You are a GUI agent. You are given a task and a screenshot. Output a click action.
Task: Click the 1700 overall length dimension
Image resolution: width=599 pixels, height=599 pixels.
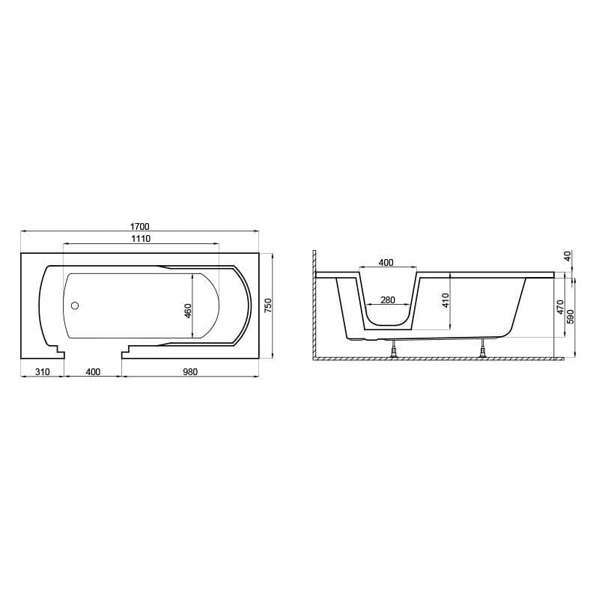coord(139,227)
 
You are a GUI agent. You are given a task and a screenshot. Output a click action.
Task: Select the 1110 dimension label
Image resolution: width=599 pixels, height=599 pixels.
coord(141,239)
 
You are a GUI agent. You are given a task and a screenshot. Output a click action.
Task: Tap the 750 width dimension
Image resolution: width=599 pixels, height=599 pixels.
coord(268,306)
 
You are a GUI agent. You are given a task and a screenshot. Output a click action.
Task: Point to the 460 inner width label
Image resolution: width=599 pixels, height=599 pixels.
coord(188,311)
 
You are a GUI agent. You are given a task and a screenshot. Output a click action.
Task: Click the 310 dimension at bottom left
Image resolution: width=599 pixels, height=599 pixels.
coord(43,371)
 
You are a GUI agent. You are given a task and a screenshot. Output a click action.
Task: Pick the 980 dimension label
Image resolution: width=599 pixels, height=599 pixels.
coord(190,371)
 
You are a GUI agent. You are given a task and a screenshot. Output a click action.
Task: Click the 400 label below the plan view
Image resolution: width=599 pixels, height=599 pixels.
coord(93,371)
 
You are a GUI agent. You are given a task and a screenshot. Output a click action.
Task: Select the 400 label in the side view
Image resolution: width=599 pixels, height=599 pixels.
coord(386,263)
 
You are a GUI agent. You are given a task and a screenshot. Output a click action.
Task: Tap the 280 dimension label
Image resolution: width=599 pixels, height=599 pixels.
coord(387,300)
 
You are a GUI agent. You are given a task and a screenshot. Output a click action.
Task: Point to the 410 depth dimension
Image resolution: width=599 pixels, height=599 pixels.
coord(446,300)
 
